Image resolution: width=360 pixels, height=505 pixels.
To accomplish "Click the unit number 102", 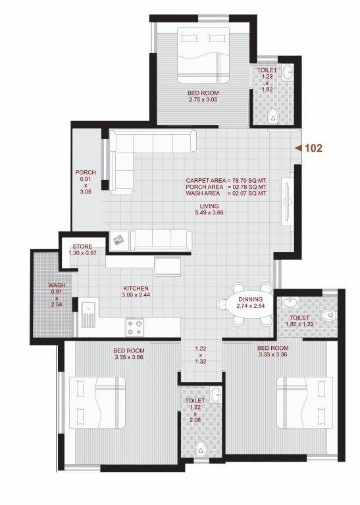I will [x=313, y=149].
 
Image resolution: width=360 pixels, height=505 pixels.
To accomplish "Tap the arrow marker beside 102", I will [x=298, y=149].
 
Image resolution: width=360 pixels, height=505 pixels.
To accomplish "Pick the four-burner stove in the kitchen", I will [x=135, y=324].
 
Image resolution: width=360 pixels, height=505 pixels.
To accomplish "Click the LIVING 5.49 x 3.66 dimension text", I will [x=210, y=209].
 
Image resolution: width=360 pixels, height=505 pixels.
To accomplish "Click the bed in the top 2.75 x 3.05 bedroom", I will [x=203, y=55].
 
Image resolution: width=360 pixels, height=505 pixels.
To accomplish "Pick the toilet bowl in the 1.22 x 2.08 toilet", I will [x=201, y=449].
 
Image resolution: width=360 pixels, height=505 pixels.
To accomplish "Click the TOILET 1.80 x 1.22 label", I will [x=299, y=320].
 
